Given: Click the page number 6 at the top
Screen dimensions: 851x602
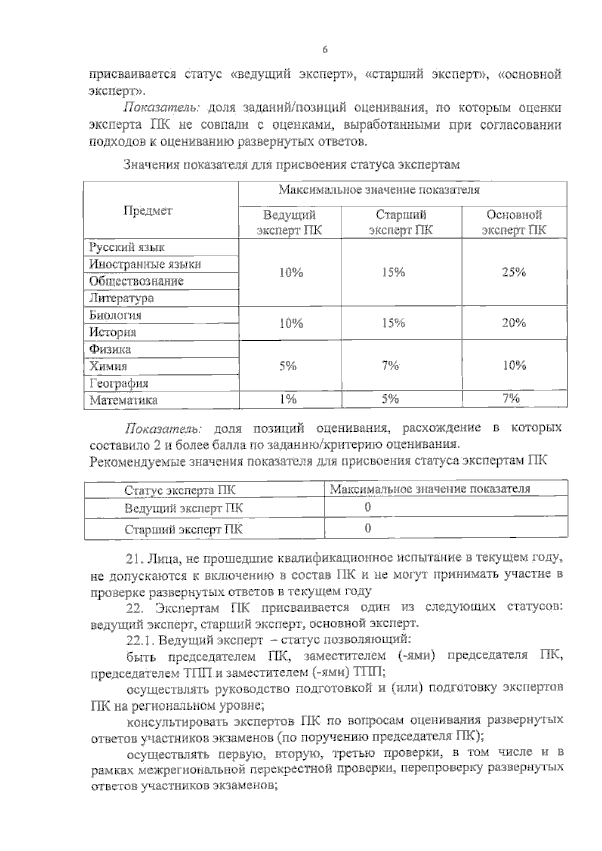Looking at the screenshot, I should pos(325,50).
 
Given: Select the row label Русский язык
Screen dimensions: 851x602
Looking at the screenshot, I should pos(127,247).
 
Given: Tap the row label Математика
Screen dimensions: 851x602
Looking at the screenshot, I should pos(123,400).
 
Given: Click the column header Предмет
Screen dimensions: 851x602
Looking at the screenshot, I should pos(147,211).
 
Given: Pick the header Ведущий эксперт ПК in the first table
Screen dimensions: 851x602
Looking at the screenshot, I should pos(289,222).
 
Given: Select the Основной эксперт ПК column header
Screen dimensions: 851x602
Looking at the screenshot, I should pos(514,222).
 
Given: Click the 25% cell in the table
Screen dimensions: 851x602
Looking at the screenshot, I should pos(514,272).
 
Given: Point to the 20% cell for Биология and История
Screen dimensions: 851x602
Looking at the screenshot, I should pos(514,323).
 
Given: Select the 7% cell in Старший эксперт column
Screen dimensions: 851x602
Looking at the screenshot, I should pos(390,366).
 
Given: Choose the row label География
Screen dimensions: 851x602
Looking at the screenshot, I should pos(119,384).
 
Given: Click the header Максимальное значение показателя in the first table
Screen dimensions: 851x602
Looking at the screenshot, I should pos(379,190).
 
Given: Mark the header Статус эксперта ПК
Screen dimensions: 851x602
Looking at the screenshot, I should pos(180,490).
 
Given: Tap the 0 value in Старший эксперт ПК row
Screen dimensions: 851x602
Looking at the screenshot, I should pos(368,528).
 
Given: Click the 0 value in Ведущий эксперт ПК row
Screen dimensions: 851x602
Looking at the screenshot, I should pos(368,507).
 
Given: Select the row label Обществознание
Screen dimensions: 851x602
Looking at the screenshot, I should pos(136,281).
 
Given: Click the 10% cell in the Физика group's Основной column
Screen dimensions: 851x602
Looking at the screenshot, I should pos(514,366).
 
